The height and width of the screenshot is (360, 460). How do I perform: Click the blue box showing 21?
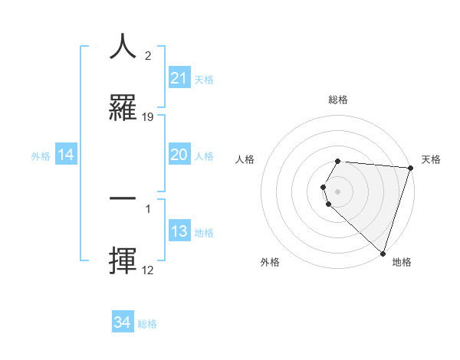click(179, 78)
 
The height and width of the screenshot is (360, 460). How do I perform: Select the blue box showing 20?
click(179, 155)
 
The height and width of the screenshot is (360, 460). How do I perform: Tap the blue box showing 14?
click(66, 155)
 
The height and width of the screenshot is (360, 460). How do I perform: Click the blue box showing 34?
click(123, 323)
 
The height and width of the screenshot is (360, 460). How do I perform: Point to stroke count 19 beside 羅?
click(148, 117)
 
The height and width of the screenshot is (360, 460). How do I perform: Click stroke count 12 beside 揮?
click(148, 270)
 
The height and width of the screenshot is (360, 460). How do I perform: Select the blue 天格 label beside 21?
click(204, 79)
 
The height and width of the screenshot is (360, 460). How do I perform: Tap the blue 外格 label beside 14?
click(41, 156)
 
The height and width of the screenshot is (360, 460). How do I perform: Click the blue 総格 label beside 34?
click(147, 324)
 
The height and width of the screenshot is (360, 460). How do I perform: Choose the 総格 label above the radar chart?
click(338, 100)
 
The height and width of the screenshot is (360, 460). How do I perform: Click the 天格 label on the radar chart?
click(432, 159)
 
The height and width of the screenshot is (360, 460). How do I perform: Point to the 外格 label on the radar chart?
click(270, 262)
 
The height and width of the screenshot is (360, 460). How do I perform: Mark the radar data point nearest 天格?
click(410, 168)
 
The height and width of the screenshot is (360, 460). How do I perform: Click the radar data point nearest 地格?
click(383, 253)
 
